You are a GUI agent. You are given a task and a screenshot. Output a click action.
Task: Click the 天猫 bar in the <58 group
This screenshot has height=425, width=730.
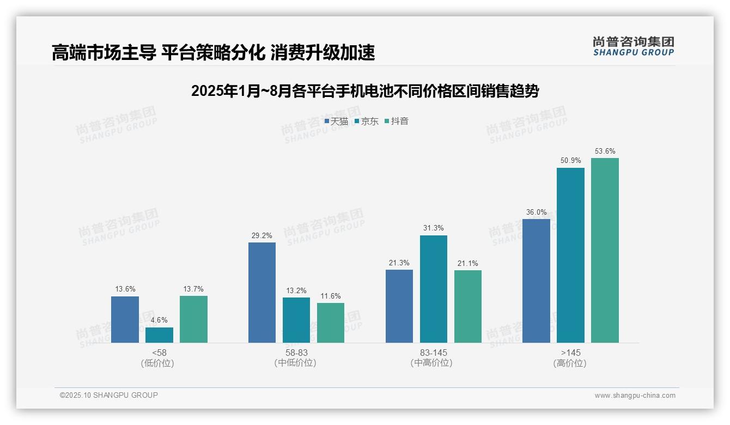coord(125,319)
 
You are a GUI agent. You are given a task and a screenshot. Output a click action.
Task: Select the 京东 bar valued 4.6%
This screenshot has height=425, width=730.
coord(159,335)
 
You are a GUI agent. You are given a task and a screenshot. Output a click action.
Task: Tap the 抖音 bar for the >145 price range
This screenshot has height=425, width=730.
coord(605,250)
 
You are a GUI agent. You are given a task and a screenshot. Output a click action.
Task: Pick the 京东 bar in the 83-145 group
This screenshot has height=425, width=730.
coord(433,289)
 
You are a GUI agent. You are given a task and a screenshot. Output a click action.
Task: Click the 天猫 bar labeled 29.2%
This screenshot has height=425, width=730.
coord(262,293)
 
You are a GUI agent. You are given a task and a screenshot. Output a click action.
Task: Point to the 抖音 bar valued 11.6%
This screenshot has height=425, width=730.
coord(331,323)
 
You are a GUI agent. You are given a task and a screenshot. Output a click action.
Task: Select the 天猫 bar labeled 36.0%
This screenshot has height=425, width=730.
coord(536,281)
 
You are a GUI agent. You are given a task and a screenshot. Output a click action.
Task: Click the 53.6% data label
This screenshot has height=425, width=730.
coord(605,151)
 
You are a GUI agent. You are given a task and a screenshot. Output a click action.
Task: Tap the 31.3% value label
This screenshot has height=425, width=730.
coord(433,228)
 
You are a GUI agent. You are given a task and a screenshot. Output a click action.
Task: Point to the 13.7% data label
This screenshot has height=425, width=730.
coord(193,289)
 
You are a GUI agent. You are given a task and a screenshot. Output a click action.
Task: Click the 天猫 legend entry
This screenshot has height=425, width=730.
coord(336,122)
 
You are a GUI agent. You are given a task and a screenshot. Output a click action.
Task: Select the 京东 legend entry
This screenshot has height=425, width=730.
coord(366,122)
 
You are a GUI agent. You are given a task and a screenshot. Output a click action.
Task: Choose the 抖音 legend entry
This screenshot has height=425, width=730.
coord(397,122)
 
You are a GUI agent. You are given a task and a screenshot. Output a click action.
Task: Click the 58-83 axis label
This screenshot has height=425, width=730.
coord(295,353)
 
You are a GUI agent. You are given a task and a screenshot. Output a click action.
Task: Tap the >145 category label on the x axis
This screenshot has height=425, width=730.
coord(570,353)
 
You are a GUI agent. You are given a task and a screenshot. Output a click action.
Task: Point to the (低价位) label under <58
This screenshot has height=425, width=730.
coord(157,363)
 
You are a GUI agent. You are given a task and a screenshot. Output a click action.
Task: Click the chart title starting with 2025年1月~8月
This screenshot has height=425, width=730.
coord(364,91)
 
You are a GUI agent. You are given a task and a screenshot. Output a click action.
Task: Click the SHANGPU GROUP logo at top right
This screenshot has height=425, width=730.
coord(633,46)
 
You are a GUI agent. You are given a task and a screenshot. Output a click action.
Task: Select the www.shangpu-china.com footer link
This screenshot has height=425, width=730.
coord(635,396)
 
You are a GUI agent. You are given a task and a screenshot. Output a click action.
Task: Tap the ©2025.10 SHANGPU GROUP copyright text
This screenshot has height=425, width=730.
coord(109,395)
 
